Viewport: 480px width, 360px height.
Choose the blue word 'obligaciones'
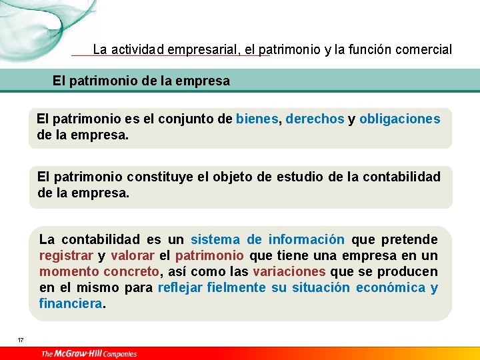point(399,119)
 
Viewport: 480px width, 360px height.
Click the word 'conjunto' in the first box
point(190,119)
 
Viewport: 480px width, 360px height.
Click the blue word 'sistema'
point(215,239)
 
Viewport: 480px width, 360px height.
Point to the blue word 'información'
point(306,239)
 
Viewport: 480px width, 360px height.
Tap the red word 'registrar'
point(66,255)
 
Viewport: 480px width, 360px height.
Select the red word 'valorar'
point(133,255)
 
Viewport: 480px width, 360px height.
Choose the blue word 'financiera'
point(71,303)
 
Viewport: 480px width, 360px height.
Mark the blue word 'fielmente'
point(236,287)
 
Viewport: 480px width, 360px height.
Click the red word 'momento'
point(63,271)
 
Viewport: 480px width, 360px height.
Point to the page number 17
point(21,340)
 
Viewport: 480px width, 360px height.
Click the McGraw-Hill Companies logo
point(89,353)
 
